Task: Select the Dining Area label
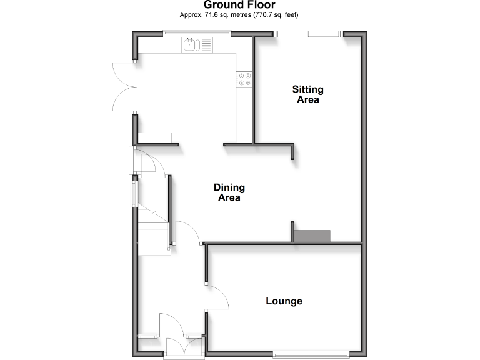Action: [229, 192]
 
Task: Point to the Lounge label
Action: [284, 301]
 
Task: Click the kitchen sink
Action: [190, 44]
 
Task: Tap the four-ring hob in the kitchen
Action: [244, 79]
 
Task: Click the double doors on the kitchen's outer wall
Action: [122, 87]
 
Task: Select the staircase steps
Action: [154, 231]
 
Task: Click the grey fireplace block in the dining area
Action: [312, 236]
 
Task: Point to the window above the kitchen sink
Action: [188, 34]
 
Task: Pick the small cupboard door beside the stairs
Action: [150, 164]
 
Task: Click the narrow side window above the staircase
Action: [133, 193]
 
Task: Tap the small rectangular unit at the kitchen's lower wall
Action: [155, 137]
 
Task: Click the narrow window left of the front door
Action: [148, 337]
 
